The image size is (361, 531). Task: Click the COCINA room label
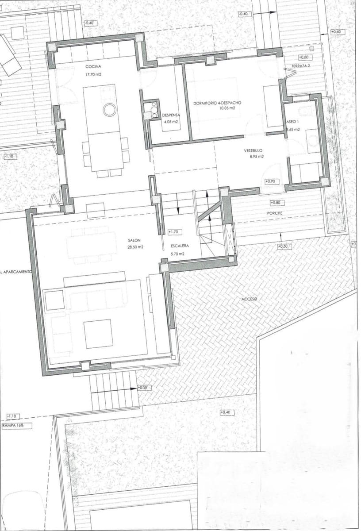coord(93,67)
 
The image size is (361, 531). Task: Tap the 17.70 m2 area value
coord(94,75)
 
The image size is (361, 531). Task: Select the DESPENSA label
coord(170,114)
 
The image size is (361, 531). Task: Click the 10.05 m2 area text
coord(226,108)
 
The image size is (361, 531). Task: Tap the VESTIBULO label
coord(253,150)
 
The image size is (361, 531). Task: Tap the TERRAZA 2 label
coord(300,66)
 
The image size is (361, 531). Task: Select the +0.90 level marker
coord(270,181)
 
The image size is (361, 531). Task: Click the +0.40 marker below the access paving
coord(227,413)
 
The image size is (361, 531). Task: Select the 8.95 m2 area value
coord(256,156)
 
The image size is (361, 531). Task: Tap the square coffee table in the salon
coord(98,333)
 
